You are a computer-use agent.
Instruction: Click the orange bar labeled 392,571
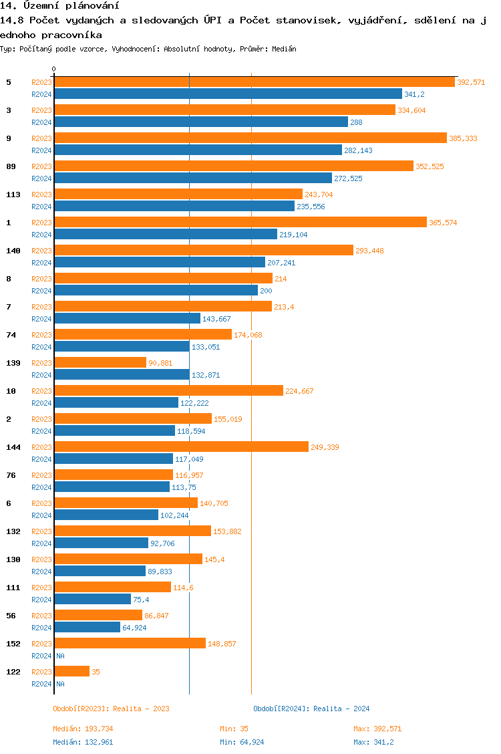coord(254,82)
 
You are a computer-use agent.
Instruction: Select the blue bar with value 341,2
coord(228,94)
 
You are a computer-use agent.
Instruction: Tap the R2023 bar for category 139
coord(100,362)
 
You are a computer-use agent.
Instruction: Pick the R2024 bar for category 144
coord(114,459)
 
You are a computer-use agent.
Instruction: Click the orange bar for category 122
coord(71,671)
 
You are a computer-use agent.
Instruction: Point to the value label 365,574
coord(443,223)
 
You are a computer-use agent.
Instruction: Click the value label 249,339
coord(325,447)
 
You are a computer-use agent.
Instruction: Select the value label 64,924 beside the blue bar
coord(134,628)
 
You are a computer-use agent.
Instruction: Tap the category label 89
coord(11,166)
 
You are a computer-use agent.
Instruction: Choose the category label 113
coord(13,195)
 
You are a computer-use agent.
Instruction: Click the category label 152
coord(13,644)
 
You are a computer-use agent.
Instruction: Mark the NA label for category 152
coord(60,656)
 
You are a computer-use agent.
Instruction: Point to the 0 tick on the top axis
coord(54,70)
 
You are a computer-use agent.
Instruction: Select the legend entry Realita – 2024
coord(311,709)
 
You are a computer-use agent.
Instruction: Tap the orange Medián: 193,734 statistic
coord(83,729)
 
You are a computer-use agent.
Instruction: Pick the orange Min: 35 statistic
coord(234,729)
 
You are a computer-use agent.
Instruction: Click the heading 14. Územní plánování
coord(55,6)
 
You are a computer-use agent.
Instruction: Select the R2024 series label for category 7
coord(42,319)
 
